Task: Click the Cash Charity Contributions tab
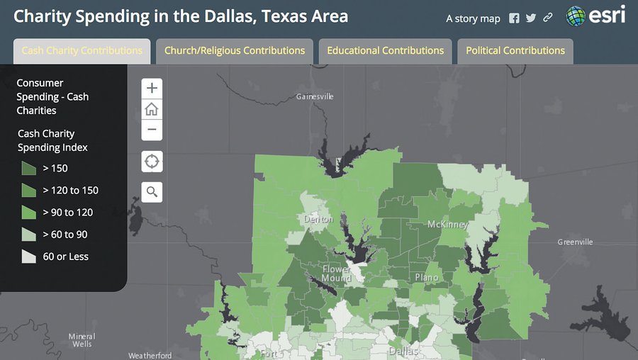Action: click(82, 51)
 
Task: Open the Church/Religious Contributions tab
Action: click(235, 51)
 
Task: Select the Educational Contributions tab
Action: click(385, 51)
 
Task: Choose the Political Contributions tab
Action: click(515, 51)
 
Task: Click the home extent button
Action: click(152, 109)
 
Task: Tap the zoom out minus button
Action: click(152, 130)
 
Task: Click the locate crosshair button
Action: click(152, 162)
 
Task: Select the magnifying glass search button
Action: click(152, 191)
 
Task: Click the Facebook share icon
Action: click(514, 18)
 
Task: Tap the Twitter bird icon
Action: click(531, 18)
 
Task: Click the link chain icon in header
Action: click(548, 18)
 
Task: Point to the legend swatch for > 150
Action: click(28, 168)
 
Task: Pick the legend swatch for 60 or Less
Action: click(28, 257)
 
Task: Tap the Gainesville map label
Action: click(315, 96)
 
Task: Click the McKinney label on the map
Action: click(447, 225)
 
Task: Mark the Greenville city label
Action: click(575, 242)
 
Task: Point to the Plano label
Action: click(427, 278)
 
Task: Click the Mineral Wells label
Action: click(82, 340)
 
